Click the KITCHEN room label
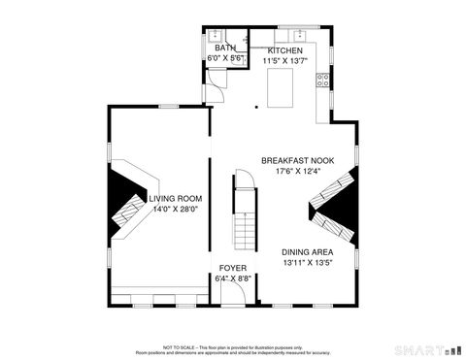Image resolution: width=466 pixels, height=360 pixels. (x=285, y=50)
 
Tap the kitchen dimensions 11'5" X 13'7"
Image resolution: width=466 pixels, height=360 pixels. (x=285, y=60)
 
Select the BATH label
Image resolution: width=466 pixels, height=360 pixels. (x=224, y=48)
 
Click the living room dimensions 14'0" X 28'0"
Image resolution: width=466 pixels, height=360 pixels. (x=175, y=208)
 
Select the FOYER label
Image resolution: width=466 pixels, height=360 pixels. (x=232, y=267)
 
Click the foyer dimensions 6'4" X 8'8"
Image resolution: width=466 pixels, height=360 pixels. (x=232, y=278)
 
